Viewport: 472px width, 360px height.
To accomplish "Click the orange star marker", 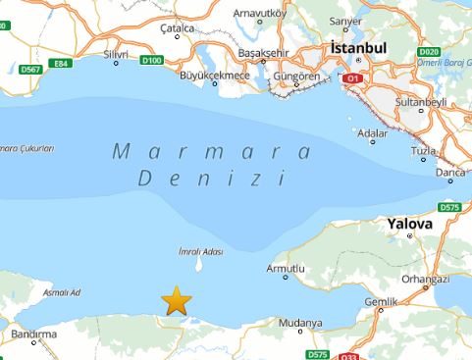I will (176, 301).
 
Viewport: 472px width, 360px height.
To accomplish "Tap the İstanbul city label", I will (360, 47).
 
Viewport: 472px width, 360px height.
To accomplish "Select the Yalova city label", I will (410, 224).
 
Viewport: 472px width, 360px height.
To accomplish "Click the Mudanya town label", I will (300, 322).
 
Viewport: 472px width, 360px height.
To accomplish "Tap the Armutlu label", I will (287, 268).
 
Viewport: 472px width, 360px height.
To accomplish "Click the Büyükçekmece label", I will (217, 74).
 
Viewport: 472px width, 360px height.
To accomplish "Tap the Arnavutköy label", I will (260, 13).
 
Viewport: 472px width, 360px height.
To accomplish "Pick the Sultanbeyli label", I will (421, 101).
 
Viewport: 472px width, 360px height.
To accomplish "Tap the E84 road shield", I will (62, 63).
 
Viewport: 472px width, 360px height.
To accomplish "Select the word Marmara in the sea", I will (212, 153).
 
